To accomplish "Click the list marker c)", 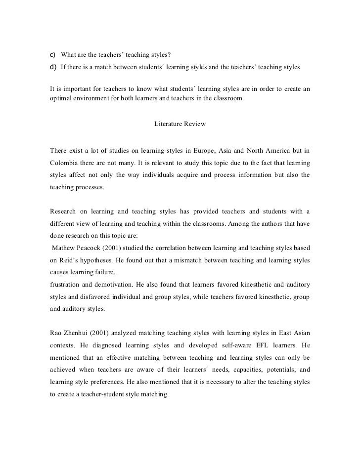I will [53, 54].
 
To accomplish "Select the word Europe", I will [219, 150].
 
